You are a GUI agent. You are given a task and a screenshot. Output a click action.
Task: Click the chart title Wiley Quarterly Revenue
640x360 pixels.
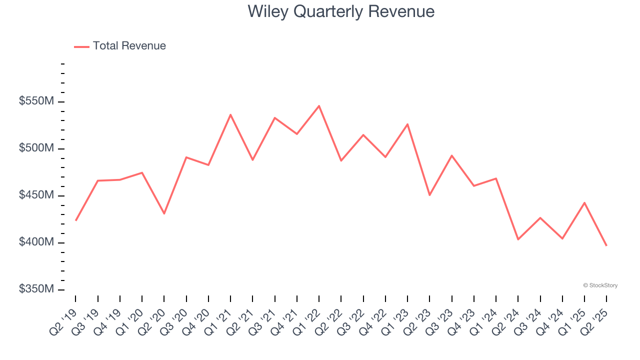click(341, 11)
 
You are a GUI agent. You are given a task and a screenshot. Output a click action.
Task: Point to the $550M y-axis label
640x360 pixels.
click(36, 101)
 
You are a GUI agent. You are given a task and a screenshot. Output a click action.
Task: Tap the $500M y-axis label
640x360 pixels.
click(36, 148)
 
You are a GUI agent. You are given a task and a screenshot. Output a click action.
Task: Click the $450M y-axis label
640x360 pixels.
click(36, 195)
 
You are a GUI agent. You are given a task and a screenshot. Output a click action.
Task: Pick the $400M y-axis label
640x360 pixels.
click(36, 242)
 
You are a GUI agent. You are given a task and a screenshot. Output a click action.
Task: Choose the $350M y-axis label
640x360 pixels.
click(36, 289)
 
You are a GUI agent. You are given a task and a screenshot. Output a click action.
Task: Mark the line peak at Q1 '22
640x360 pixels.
click(319, 106)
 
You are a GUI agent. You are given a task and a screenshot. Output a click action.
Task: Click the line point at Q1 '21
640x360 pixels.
click(230, 114)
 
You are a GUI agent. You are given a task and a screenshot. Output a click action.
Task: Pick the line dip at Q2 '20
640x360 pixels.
click(164, 213)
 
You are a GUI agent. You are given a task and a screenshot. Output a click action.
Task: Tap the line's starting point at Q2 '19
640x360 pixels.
click(76, 220)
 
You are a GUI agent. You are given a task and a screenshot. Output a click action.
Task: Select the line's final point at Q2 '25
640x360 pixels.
click(606, 245)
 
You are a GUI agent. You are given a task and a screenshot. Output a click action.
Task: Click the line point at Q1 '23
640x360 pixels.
click(407, 124)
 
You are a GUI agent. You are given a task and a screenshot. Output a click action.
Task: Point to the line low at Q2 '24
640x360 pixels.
click(518, 239)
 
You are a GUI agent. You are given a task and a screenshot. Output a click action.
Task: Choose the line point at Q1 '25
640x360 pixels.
click(584, 202)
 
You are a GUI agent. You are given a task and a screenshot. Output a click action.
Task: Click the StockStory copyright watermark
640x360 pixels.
click(600, 285)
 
